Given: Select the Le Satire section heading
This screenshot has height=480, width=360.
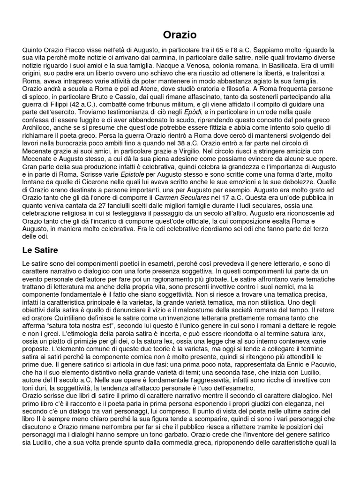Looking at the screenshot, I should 40,250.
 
